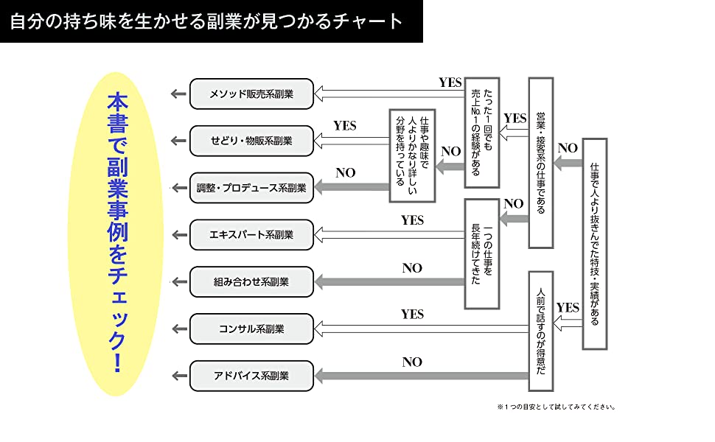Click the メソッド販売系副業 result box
click(251, 94)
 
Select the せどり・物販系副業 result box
click(251, 141)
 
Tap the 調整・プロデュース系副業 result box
click(251, 188)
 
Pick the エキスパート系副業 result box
click(251, 235)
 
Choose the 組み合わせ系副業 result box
click(251, 281)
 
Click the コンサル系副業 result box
click(251, 329)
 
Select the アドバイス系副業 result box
click(251, 376)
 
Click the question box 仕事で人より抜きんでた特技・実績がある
click(594, 244)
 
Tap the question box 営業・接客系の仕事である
click(540, 162)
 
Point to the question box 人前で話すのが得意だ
click(540, 331)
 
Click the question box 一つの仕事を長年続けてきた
click(482, 253)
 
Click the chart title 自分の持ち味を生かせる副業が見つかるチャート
click(207, 21)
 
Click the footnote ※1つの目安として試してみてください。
click(556, 407)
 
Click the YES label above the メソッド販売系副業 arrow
click(450, 83)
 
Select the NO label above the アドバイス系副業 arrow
click(412, 362)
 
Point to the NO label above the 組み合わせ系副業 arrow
click(412, 268)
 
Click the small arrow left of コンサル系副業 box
click(178, 329)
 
